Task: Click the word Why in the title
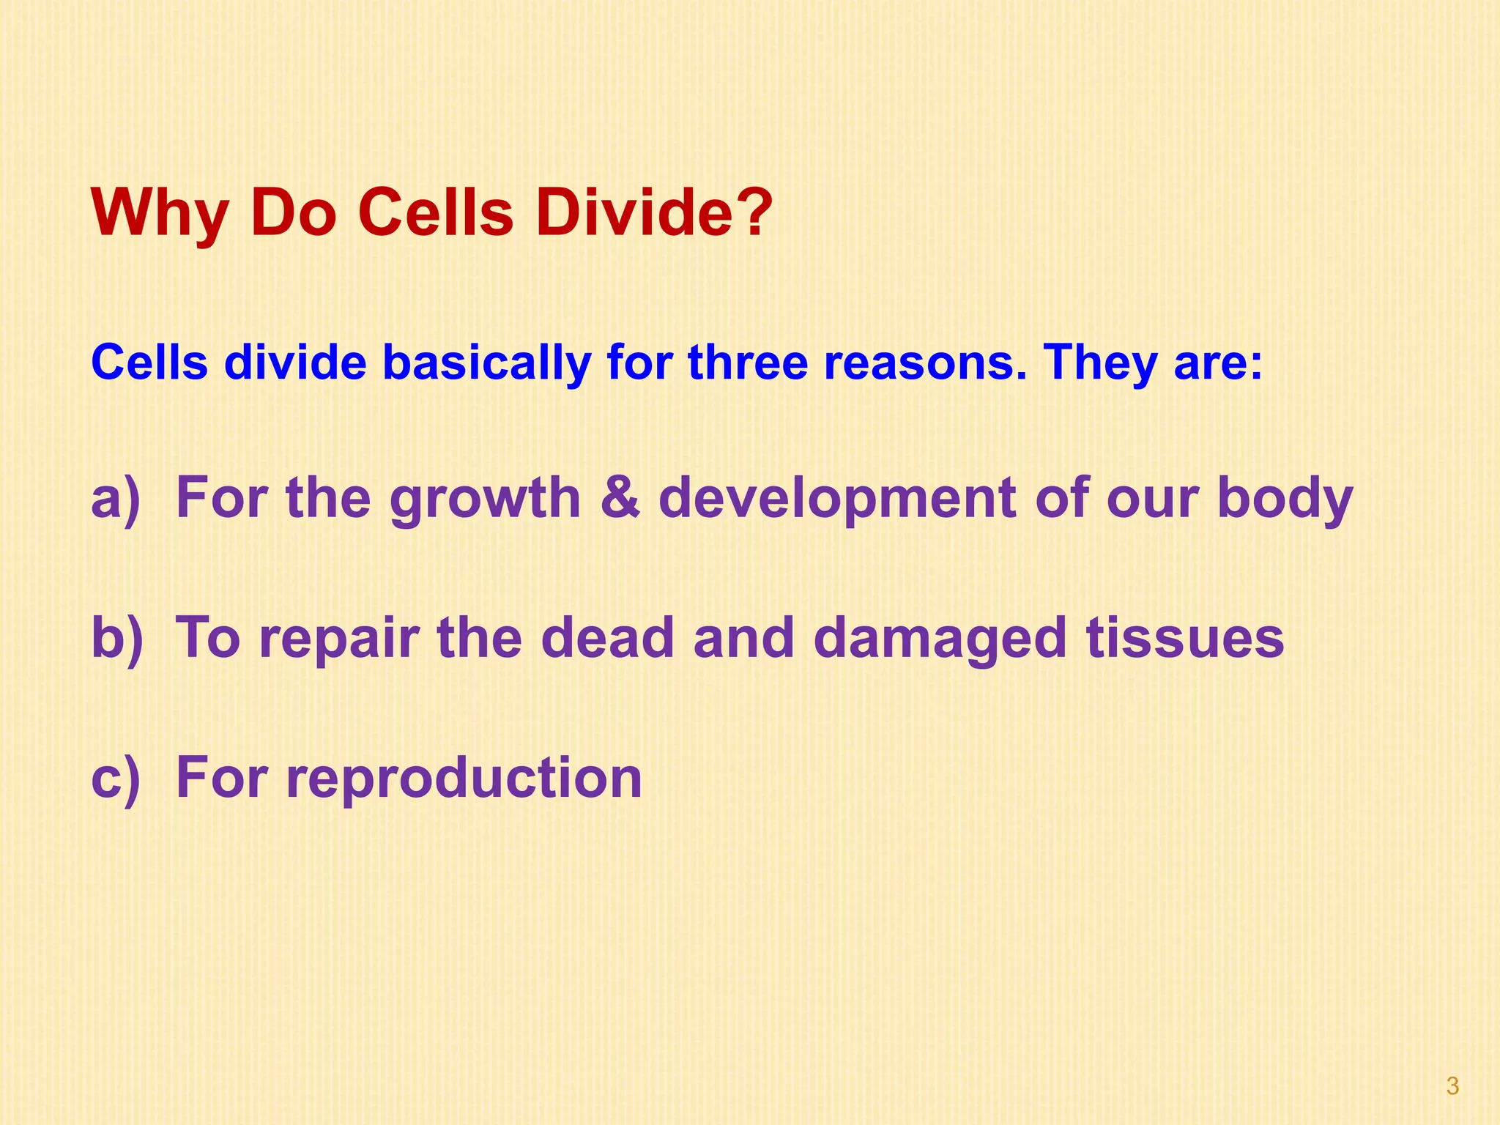(x=159, y=214)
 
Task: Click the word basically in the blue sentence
(x=486, y=363)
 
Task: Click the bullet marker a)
(x=115, y=498)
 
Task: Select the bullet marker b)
(x=116, y=637)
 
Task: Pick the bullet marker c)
(x=115, y=777)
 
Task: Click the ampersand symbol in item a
(x=620, y=498)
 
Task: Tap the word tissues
(x=1184, y=638)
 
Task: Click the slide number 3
(x=1452, y=1086)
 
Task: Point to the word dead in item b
(x=607, y=638)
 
